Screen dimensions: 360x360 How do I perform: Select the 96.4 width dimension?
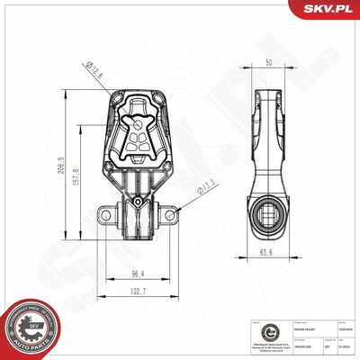(138, 273)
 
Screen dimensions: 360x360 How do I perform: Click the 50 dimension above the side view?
(268, 63)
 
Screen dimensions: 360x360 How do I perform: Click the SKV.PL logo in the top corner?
(330, 9)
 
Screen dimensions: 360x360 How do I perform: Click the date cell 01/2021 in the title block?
(345, 345)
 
